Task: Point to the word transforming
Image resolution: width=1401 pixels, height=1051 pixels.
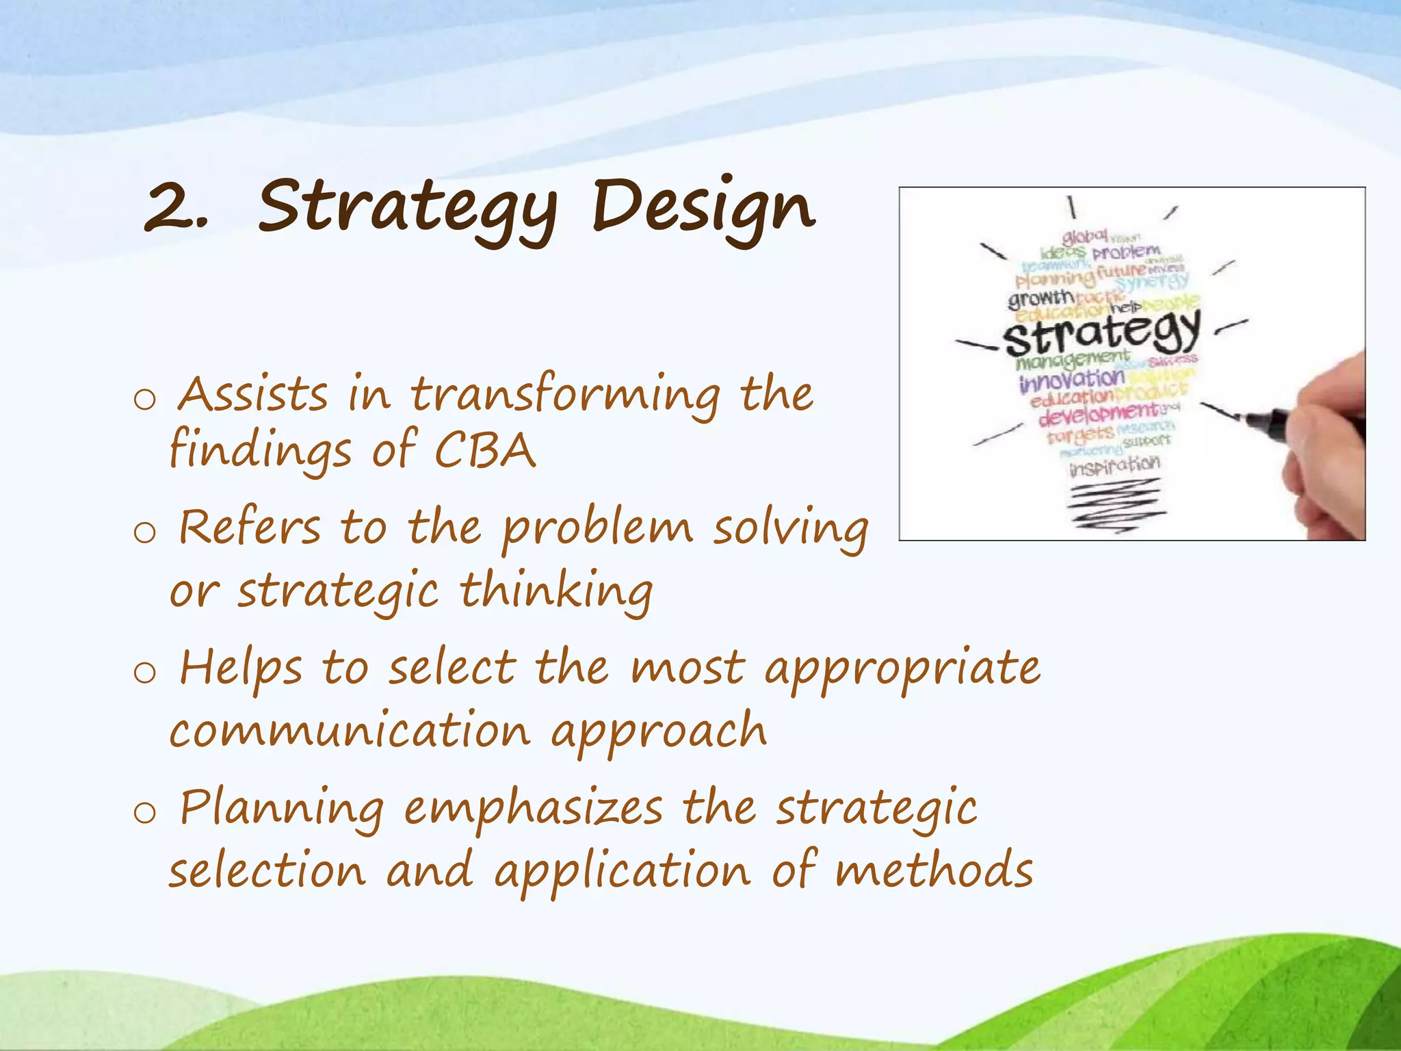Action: tap(565, 395)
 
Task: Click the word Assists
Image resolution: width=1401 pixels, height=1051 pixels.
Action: tap(253, 395)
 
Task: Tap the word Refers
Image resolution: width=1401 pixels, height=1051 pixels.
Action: tap(250, 528)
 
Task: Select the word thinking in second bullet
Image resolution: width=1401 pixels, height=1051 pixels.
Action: tap(555, 591)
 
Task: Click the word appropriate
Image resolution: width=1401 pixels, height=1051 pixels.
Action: tap(902, 669)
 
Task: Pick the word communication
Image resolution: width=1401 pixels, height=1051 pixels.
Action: tap(350, 731)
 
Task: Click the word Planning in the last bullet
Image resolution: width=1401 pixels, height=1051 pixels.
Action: tap(281, 808)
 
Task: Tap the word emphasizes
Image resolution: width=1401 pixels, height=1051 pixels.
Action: tap(533, 808)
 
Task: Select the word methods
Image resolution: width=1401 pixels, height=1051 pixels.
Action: tap(933, 871)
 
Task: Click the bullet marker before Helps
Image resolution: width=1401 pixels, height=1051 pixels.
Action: tap(145, 673)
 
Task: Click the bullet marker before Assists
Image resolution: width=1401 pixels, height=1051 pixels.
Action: tap(145, 399)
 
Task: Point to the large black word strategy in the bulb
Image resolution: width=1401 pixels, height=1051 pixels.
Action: tap(1101, 334)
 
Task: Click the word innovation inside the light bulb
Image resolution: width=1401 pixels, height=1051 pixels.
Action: tap(1071, 380)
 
